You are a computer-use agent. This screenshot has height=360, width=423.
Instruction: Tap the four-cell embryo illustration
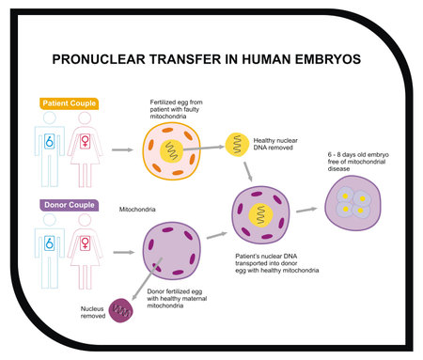pos(352,202)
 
